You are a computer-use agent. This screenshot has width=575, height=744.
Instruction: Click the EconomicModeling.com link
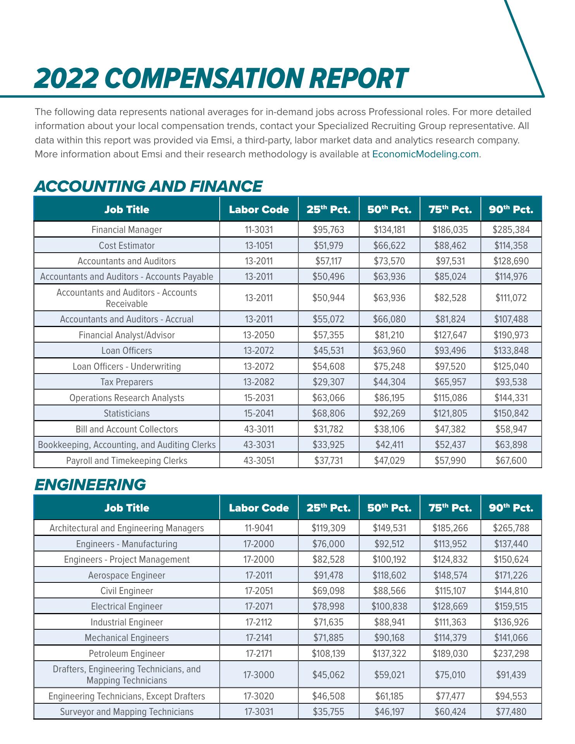(x=425, y=154)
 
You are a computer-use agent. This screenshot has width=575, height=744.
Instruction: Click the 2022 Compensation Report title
(x=220, y=78)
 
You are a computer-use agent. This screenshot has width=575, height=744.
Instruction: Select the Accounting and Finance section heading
(x=148, y=186)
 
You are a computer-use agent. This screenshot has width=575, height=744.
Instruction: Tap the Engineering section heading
(x=90, y=485)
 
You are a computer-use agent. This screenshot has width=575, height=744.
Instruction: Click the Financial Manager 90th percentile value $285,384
(x=511, y=230)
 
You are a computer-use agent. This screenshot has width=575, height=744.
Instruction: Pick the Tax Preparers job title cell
(x=127, y=382)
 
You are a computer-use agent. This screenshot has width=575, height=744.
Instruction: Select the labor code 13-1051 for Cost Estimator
(x=258, y=246)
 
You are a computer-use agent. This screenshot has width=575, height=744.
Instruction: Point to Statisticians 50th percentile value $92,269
(x=389, y=413)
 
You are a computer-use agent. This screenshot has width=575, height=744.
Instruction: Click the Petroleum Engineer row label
(x=127, y=654)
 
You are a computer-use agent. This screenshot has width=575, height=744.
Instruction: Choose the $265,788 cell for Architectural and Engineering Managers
(x=511, y=528)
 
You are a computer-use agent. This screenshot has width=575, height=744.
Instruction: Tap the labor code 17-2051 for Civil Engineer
(x=258, y=591)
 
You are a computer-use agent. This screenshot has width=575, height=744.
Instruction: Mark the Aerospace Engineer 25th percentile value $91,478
(x=328, y=575)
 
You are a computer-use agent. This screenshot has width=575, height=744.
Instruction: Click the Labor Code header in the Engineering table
(x=258, y=508)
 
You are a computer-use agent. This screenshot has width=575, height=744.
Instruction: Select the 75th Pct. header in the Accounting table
(x=450, y=210)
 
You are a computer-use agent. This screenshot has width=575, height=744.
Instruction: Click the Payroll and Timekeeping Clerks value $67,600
(x=511, y=461)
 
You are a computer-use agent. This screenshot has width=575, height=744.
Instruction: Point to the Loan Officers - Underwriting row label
(x=127, y=367)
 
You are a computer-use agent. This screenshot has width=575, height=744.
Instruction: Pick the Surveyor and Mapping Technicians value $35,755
(x=328, y=712)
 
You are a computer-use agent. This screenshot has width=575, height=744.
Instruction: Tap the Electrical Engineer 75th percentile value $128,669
(x=450, y=606)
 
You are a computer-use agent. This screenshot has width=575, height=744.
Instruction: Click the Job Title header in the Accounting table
(x=127, y=210)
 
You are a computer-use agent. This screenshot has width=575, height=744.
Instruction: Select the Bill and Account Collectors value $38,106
(x=389, y=429)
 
